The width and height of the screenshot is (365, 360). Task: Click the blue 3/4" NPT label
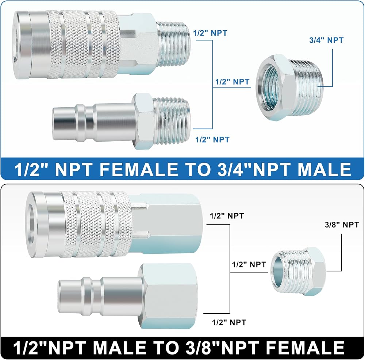(326, 40)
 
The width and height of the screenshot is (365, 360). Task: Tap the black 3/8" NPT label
(342, 225)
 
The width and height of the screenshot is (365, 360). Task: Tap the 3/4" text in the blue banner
(233, 169)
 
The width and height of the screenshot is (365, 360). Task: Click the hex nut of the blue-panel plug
(143, 121)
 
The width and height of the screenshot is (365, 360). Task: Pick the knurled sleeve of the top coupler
(81, 44)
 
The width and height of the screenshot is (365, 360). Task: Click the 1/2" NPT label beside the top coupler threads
(210, 33)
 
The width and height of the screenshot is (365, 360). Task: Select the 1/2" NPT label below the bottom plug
(229, 322)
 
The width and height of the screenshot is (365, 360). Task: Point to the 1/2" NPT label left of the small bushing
(249, 264)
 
